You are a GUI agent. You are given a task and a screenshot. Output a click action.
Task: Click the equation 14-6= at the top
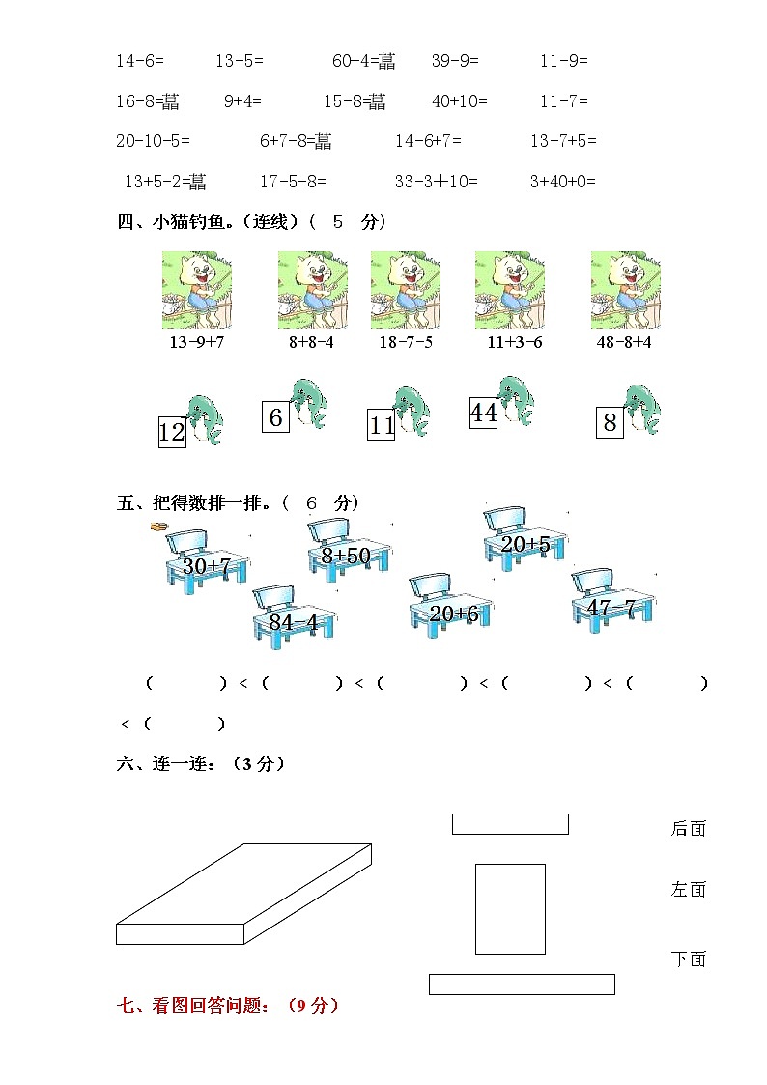pos(140,61)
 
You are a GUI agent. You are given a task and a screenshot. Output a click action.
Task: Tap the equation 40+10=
pos(460,101)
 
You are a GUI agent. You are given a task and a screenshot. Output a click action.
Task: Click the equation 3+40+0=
pos(563,181)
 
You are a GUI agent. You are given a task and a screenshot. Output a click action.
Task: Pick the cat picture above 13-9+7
pos(196,290)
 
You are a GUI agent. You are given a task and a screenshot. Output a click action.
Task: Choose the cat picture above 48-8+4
pos(625,290)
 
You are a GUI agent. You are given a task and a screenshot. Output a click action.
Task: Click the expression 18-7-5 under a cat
pos(406,342)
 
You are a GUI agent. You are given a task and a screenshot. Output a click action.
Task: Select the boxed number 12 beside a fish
pos(171,432)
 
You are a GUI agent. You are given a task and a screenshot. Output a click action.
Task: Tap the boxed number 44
pos(483,413)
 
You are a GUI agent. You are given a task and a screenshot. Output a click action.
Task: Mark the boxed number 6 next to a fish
pos(275,417)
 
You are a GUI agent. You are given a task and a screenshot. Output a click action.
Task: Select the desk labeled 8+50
pos(349,551)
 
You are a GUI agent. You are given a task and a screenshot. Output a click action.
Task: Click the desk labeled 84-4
pos(294,616)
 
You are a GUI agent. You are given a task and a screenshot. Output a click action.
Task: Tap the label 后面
pos(689,828)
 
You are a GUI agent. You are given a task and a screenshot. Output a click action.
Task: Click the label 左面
pos(689,890)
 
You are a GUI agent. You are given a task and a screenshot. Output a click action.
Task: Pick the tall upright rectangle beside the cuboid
pos(510,908)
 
